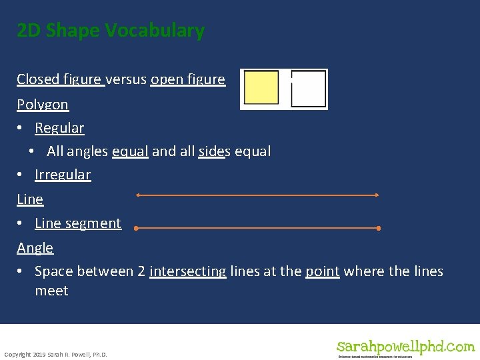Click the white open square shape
point(309,89)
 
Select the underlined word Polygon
point(43,105)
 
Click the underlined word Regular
point(59,128)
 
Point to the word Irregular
point(63,175)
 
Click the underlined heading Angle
point(35,248)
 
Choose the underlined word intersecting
point(187,271)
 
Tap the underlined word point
point(323,271)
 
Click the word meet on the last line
point(51,291)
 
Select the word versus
point(128,79)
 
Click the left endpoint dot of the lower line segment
point(135,228)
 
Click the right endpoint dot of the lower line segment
point(379,228)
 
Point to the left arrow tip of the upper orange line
point(137,195)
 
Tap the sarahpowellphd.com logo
point(405,347)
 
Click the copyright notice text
point(55,355)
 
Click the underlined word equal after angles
point(130,151)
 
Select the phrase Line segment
point(78,223)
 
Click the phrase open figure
point(188,79)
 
